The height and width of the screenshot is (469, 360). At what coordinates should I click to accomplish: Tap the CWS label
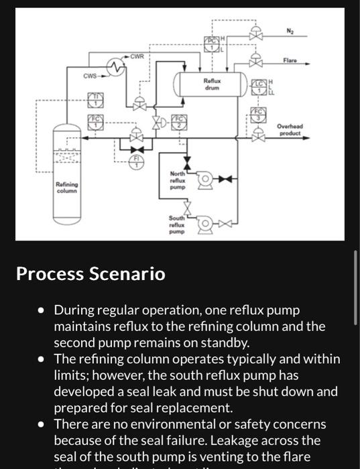coord(91,75)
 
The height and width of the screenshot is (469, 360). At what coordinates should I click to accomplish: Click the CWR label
coord(136,55)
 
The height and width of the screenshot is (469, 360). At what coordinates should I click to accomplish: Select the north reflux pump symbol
coord(204,179)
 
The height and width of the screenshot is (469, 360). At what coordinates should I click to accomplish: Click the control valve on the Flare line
coord(255,62)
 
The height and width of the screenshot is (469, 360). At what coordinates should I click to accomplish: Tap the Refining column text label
coord(67,187)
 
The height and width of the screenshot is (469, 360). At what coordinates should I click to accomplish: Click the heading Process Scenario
coord(91,274)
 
